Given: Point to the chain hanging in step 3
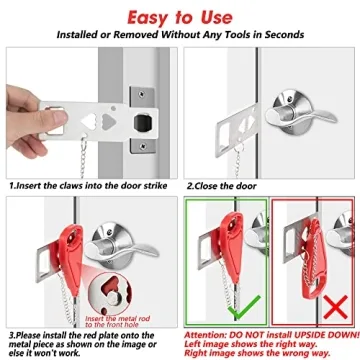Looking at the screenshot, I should coord(85,290).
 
